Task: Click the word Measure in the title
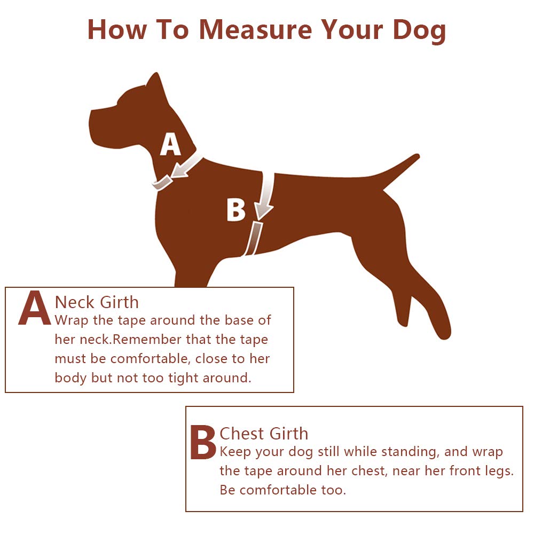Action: tap(255, 29)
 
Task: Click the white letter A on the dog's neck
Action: tap(170, 144)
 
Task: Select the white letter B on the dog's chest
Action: tap(235, 210)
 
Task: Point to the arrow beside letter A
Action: tap(186, 166)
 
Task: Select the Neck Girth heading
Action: tap(97, 302)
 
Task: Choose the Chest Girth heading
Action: tap(264, 434)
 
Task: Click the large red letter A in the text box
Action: tap(34, 308)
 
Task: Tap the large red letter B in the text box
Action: tap(202, 442)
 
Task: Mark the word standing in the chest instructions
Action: tap(409, 452)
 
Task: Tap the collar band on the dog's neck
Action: tap(162, 183)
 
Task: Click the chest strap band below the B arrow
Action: tap(253, 238)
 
